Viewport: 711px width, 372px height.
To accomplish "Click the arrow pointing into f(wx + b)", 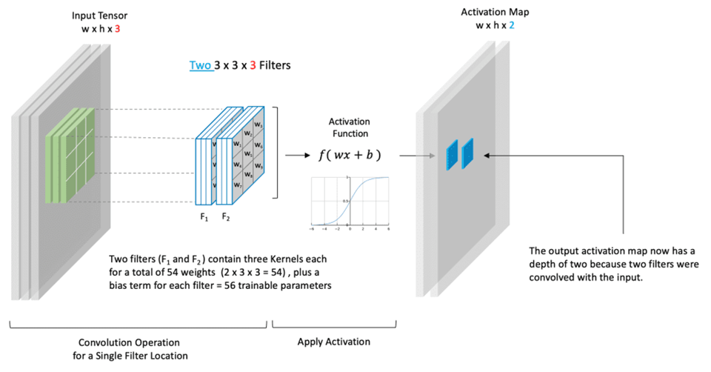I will tap(298, 156).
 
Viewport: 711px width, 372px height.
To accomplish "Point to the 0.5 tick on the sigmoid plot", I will tap(345, 201).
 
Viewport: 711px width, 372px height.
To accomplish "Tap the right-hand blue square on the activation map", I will tap(468, 153).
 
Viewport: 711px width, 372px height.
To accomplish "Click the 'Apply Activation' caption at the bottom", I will tap(334, 342).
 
